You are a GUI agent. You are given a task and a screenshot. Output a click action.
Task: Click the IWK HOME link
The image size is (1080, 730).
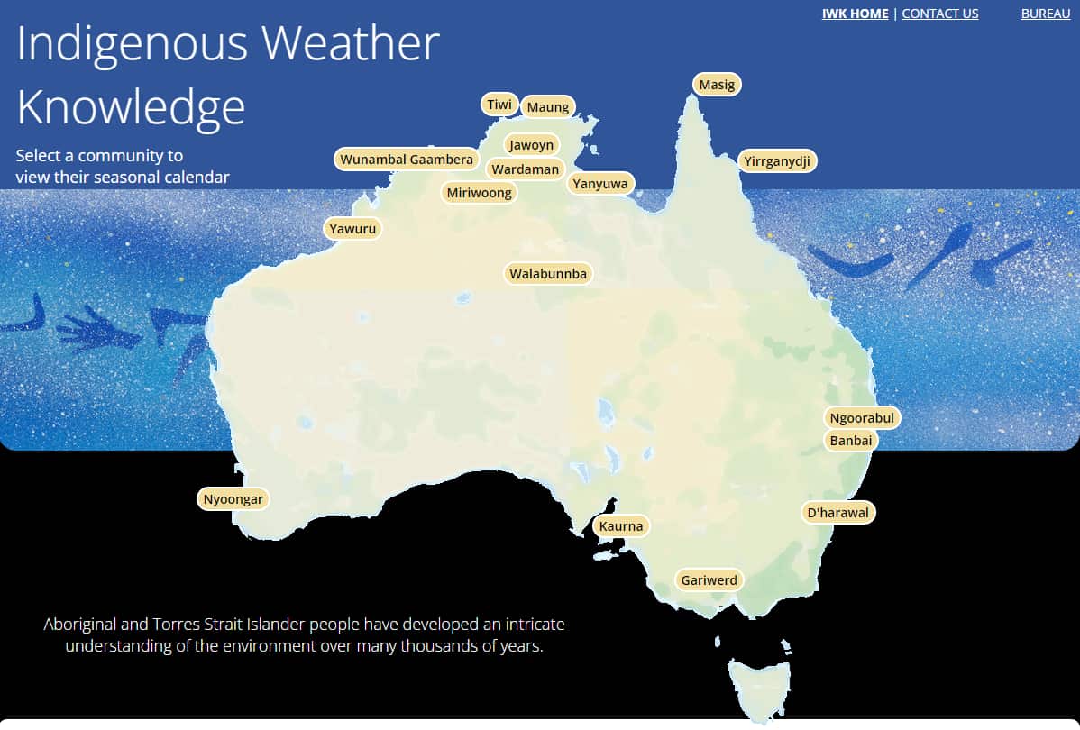(x=855, y=14)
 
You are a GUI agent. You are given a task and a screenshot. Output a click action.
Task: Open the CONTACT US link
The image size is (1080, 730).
(x=939, y=14)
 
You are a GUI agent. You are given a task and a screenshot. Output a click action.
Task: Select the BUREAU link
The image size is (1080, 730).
(x=1045, y=14)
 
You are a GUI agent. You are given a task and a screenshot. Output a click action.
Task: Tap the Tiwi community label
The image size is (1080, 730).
(x=499, y=105)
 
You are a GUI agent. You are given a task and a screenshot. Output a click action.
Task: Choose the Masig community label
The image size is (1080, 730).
(x=717, y=85)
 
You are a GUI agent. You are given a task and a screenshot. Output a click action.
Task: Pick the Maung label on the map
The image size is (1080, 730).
(x=548, y=107)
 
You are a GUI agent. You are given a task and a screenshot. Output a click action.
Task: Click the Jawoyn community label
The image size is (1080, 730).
(x=531, y=145)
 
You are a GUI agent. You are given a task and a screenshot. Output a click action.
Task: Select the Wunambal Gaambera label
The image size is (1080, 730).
(x=407, y=160)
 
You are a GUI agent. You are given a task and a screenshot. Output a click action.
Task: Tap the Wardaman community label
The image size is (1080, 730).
(x=525, y=169)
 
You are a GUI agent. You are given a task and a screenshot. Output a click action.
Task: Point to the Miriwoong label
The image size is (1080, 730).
(x=479, y=192)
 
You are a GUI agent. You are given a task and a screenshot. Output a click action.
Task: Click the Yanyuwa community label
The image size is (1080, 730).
(x=601, y=184)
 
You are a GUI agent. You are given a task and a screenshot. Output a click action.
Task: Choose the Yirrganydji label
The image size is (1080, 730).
(x=777, y=161)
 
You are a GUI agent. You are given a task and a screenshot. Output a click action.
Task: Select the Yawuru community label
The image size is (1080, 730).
(x=352, y=229)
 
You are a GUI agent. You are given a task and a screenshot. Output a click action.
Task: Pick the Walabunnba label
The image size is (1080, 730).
(x=548, y=273)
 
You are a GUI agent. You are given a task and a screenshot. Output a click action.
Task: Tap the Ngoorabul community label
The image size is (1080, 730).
(x=862, y=418)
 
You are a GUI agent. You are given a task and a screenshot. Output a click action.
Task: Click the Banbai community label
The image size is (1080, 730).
(x=850, y=441)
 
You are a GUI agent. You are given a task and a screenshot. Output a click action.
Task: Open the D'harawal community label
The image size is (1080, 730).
(x=838, y=513)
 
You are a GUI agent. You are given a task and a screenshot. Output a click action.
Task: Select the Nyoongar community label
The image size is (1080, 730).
(x=233, y=498)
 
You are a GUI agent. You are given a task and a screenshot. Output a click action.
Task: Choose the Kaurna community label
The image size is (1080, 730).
(x=622, y=526)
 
